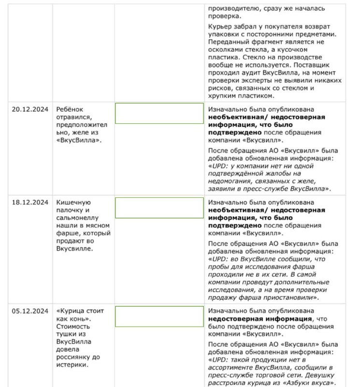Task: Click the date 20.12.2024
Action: click(30, 110)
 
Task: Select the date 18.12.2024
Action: click(30, 203)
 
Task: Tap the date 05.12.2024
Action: click(30, 311)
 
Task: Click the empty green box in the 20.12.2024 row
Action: click(159, 113)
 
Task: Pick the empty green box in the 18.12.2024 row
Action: click(159, 208)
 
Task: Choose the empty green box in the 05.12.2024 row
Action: click(159, 316)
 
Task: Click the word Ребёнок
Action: click(71, 110)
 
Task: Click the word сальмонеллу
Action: click(79, 218)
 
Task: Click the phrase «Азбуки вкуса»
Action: click(308, 383)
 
